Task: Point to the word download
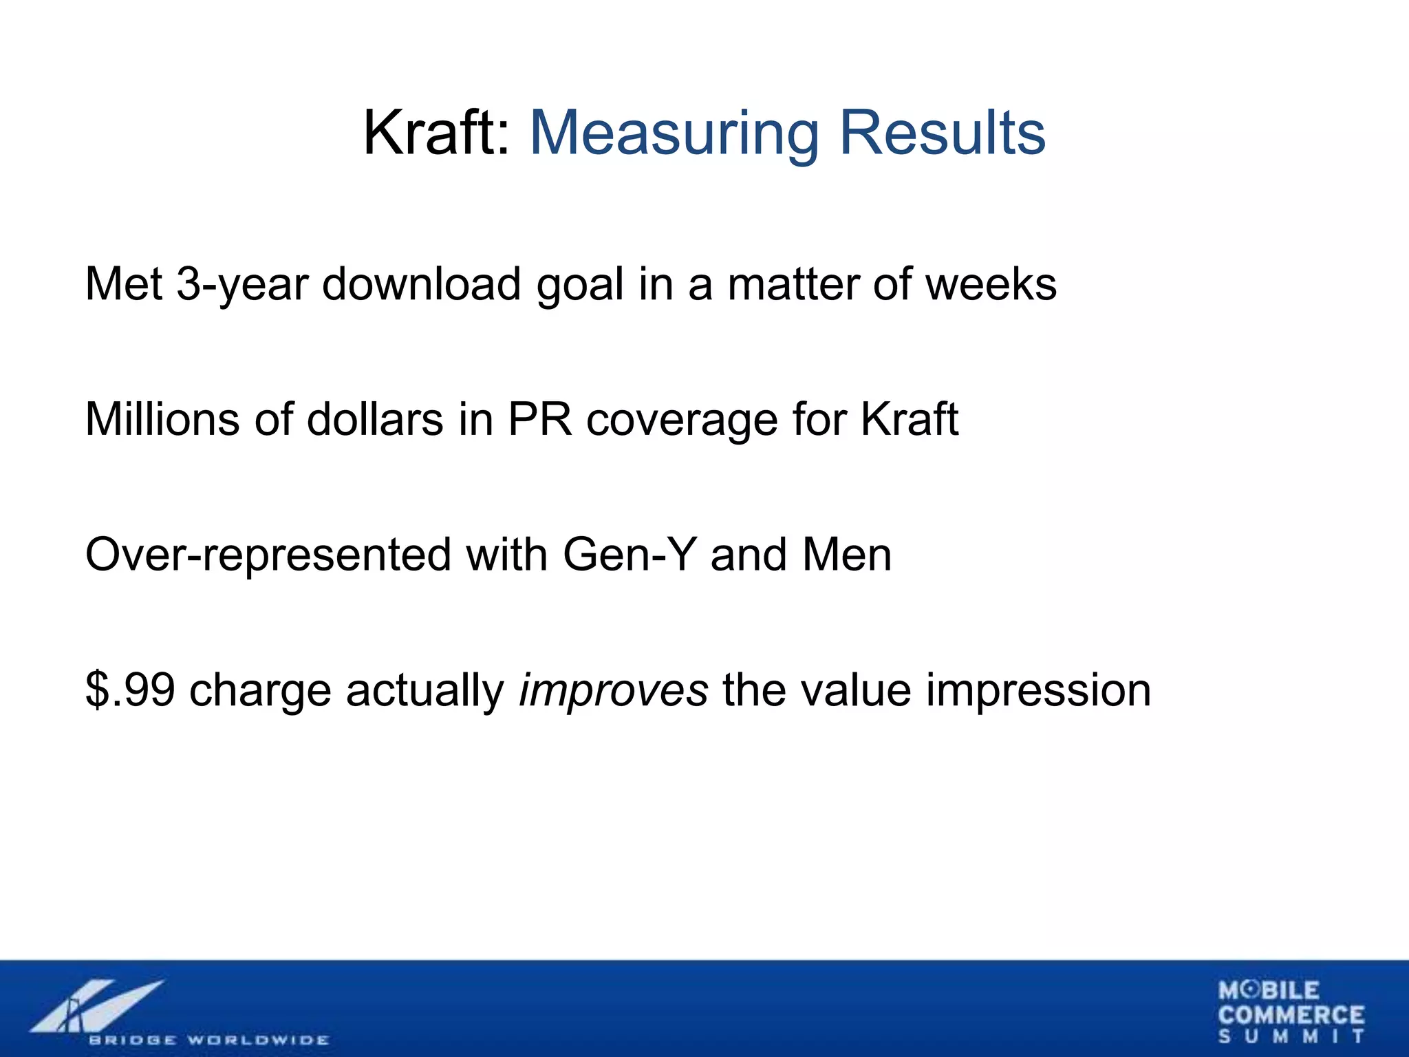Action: (421, 284)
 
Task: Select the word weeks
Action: (991, 284)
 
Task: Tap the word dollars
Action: (375, 419)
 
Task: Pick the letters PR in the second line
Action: (540, 419)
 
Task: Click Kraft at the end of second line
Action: (910, 419)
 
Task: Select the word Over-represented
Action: (268, 555)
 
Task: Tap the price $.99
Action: (130, 690)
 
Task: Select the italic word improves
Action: (613, 690)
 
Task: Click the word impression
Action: (1038, 690)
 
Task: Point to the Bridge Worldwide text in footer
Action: (208, 1040)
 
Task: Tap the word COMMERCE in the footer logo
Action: (1291, 1015)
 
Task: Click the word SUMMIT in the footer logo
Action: (1291, 1036)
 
